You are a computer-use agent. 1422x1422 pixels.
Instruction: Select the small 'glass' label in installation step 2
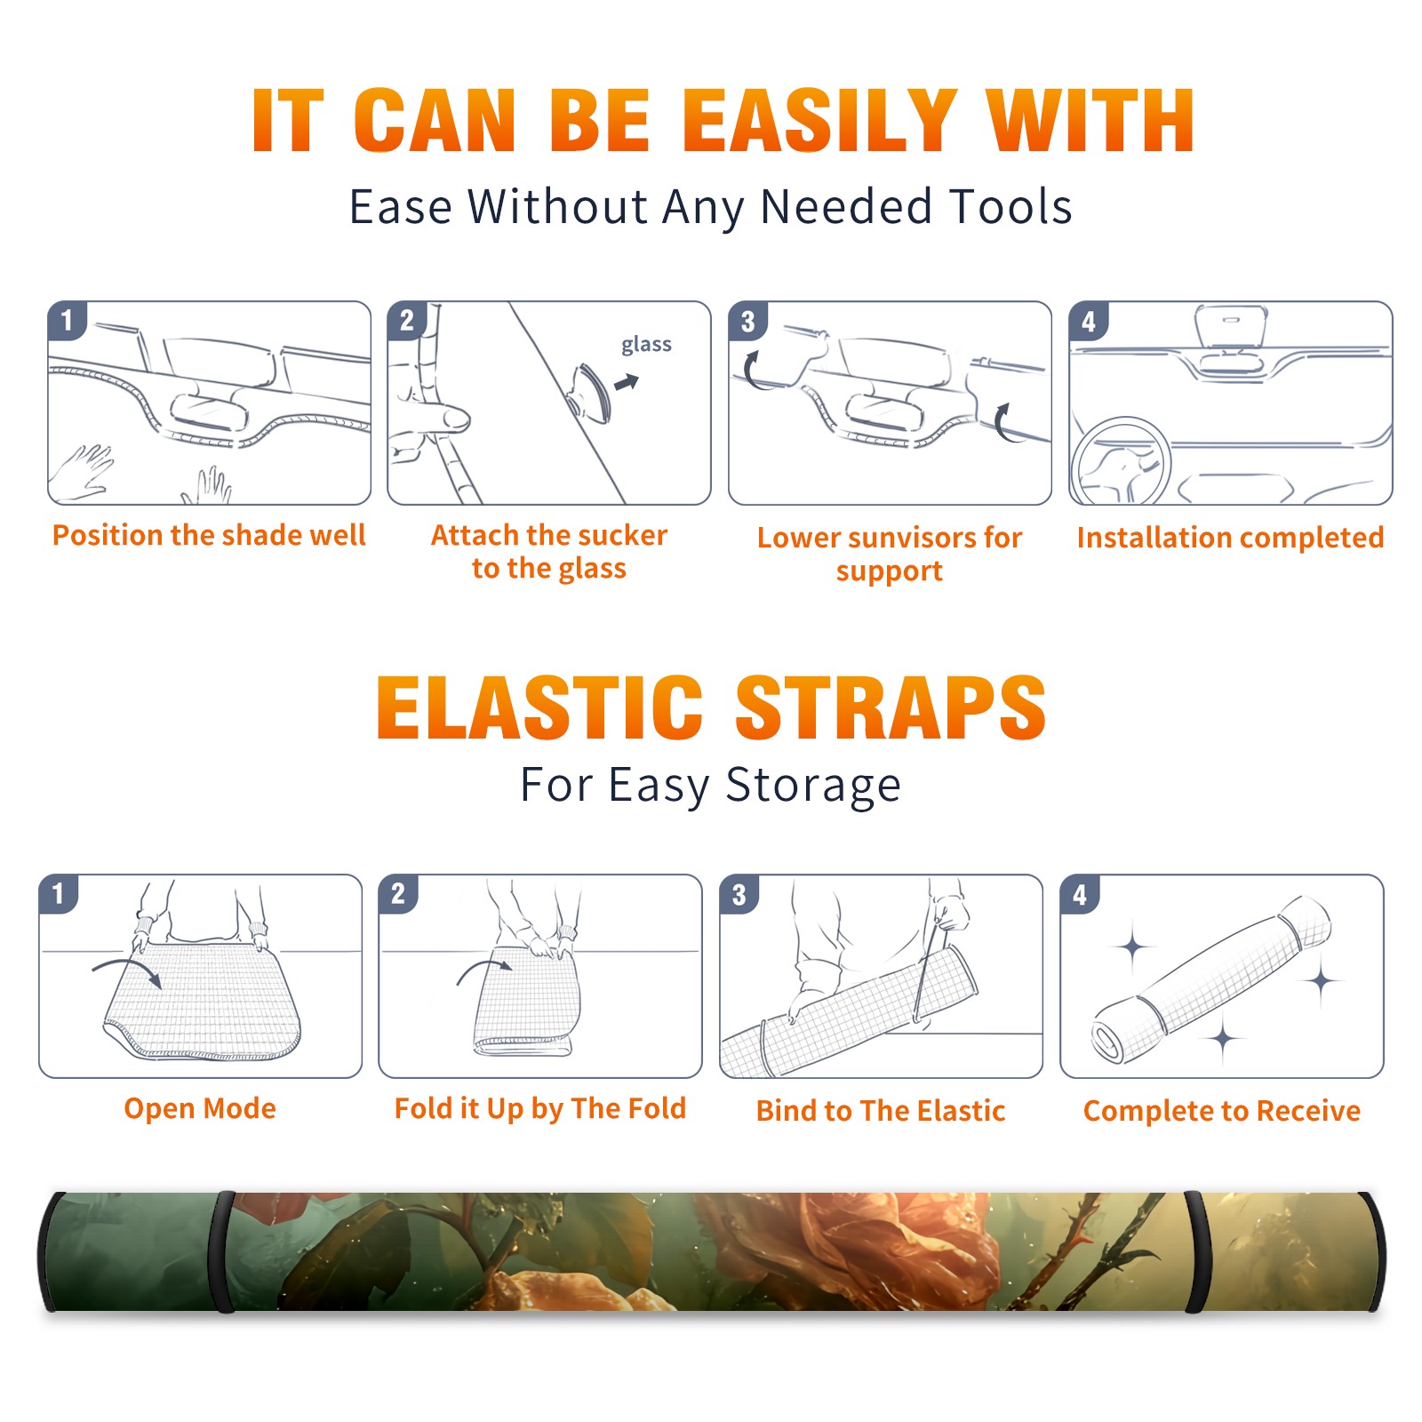click(646, 345)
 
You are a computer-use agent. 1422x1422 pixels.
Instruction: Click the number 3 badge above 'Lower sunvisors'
click(747, 322)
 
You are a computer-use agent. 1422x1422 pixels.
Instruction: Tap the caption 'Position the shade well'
click(209, 535)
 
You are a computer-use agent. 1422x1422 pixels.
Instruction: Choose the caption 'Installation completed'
click(1230, 537)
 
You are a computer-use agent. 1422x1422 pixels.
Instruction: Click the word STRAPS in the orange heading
click(891, 707)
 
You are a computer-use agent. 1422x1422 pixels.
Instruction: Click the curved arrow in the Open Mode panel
click(127, 971)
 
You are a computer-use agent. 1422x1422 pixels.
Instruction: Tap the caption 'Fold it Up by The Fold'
click(540, 1108)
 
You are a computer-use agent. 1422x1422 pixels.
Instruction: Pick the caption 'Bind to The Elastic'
click(881, 1110)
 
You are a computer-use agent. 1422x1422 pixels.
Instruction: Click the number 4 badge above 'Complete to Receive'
click(1080, 895)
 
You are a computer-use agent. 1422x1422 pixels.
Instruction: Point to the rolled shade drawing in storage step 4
click(1212, 979)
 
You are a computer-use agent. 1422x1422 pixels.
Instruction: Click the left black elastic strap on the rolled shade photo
click(223, 1252)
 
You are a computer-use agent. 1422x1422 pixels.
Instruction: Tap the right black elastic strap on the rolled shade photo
click(1197, 1252)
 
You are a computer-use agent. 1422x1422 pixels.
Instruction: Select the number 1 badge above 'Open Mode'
click(59, 893)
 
